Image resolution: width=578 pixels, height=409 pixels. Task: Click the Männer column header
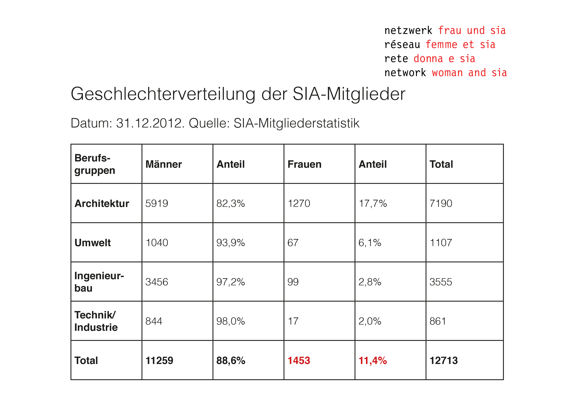point(164,164)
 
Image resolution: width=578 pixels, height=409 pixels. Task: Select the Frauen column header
point(304,164)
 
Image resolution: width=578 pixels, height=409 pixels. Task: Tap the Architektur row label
point(102,204)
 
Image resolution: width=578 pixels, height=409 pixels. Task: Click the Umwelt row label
point(93,243)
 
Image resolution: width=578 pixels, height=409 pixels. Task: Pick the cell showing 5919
point(157,204)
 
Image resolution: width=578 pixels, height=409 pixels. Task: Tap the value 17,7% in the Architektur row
point(373,204)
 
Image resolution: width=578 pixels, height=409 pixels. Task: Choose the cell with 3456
point(157,282)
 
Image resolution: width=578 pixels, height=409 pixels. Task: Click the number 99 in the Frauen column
point(293,282)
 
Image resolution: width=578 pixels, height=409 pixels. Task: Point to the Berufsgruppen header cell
point(95,164)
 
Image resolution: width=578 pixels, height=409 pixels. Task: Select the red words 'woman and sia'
point(470,73)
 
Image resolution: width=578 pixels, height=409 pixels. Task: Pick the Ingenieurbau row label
point(99,282)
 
